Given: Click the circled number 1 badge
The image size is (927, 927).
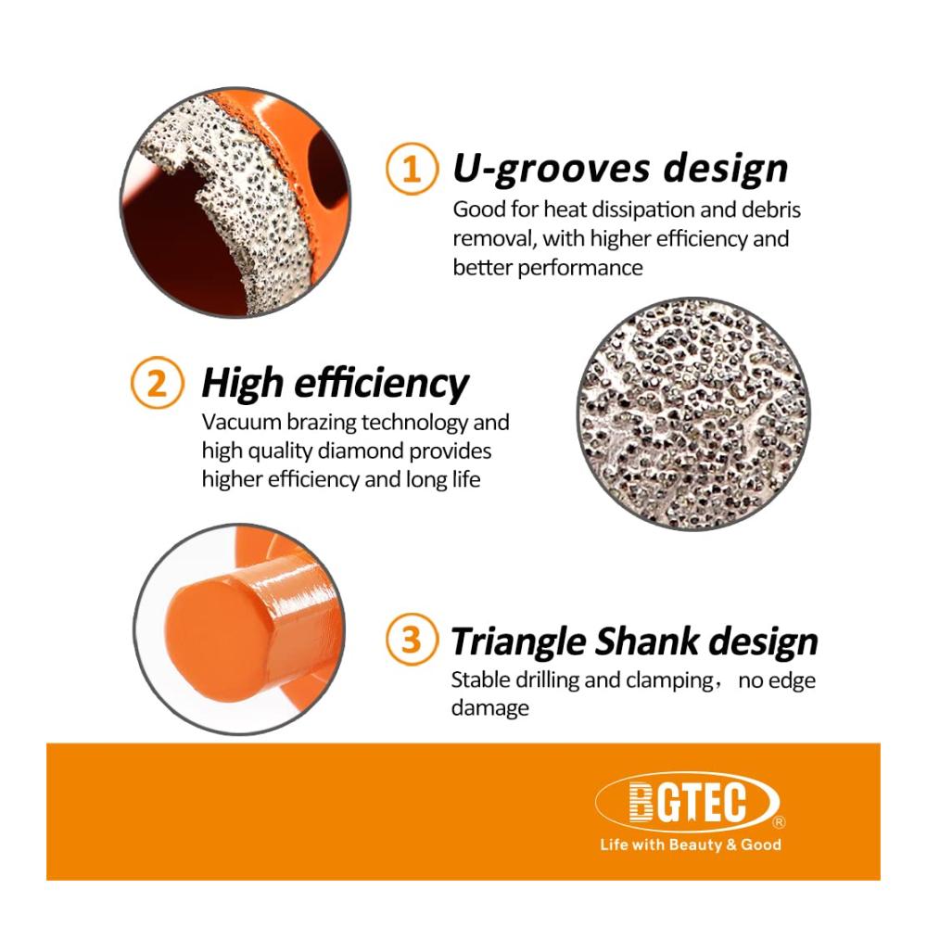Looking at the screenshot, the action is click(413, 169).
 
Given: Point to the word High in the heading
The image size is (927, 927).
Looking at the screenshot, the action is click(242, 383).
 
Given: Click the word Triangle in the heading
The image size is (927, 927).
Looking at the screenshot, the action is click(518, 642).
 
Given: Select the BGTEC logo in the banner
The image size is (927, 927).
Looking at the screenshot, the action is click(688, 802).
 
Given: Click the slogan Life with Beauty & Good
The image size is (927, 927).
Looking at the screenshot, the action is click(691, 844).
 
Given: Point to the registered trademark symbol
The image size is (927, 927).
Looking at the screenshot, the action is click(780, 821).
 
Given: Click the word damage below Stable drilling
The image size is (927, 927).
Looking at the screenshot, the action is click(490, 708).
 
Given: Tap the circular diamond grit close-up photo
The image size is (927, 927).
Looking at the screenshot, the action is click(692, 413).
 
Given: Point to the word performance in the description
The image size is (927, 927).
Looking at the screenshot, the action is click(580, 268).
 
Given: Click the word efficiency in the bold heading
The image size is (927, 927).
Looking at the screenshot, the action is click(381, 383).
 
